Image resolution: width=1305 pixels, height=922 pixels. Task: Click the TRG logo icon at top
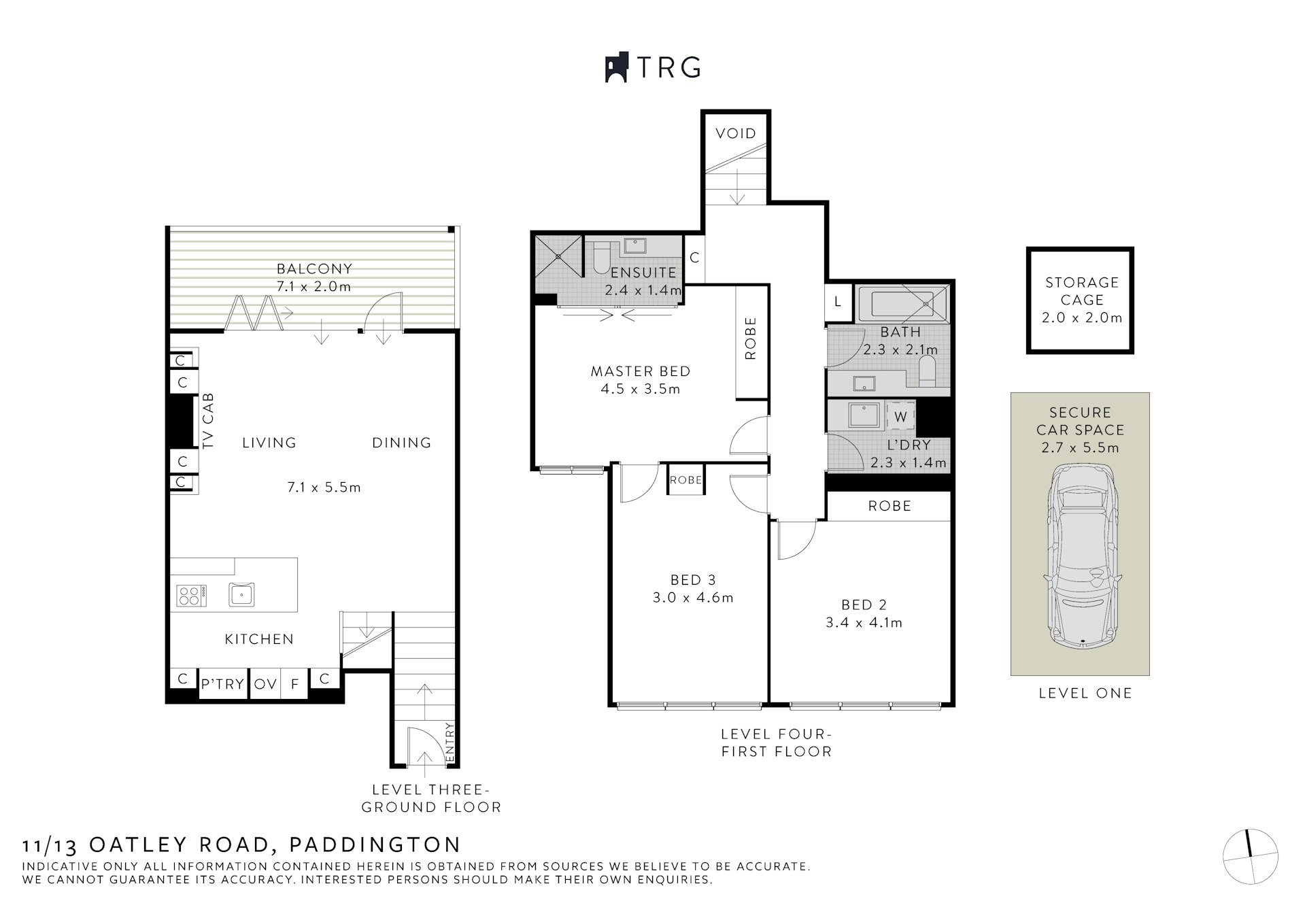(x=616, y=68)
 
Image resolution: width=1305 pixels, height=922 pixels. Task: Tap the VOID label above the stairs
(x=736, y=133)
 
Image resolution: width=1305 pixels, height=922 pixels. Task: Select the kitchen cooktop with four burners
(x=191, y=596)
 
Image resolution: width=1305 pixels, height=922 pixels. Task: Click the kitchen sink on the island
(x=241, y=594)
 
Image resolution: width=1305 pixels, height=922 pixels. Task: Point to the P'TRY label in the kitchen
(x=222, y=684)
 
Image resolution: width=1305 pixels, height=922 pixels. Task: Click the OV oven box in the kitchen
(x=265, y=684)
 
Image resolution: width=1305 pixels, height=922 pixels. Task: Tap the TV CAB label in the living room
(x=209, y=420)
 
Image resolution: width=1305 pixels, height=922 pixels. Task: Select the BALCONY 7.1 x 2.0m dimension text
(x=313, y=286)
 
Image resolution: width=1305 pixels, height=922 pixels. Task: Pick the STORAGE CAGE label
(x=1081, y=291)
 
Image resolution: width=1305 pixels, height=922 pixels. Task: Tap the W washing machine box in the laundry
(x=900, y=417)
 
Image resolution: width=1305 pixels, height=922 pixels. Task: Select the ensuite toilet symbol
(x=602, y=259)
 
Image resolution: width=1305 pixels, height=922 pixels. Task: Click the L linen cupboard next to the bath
(x=837, y=301)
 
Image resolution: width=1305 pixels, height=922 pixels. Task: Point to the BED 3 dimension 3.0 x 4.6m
(x=693, y=598)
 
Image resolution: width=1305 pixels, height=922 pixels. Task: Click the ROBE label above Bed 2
(x=889, y=506)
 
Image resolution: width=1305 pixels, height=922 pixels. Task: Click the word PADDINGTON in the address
(x=375, y=844)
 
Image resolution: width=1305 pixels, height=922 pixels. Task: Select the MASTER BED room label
(x=640, y=371)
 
